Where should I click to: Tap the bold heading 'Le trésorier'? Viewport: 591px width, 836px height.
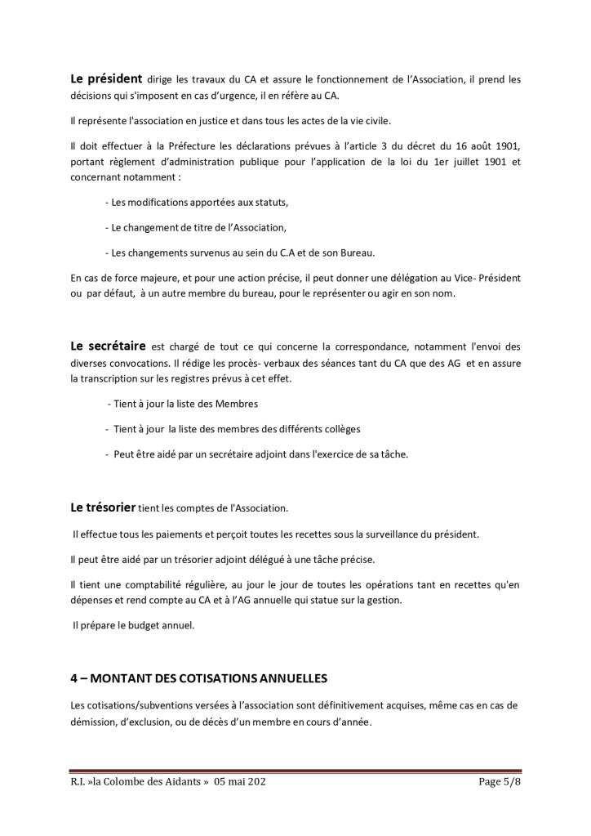(103, 507)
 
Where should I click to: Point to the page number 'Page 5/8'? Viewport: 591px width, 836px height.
(498, 782)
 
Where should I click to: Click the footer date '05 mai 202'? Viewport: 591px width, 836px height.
(241, 782)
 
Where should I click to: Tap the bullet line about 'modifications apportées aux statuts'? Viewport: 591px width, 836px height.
(197, 202)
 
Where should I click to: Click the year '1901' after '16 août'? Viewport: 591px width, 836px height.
(504, 146)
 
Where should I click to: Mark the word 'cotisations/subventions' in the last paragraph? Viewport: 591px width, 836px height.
(136, 705)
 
